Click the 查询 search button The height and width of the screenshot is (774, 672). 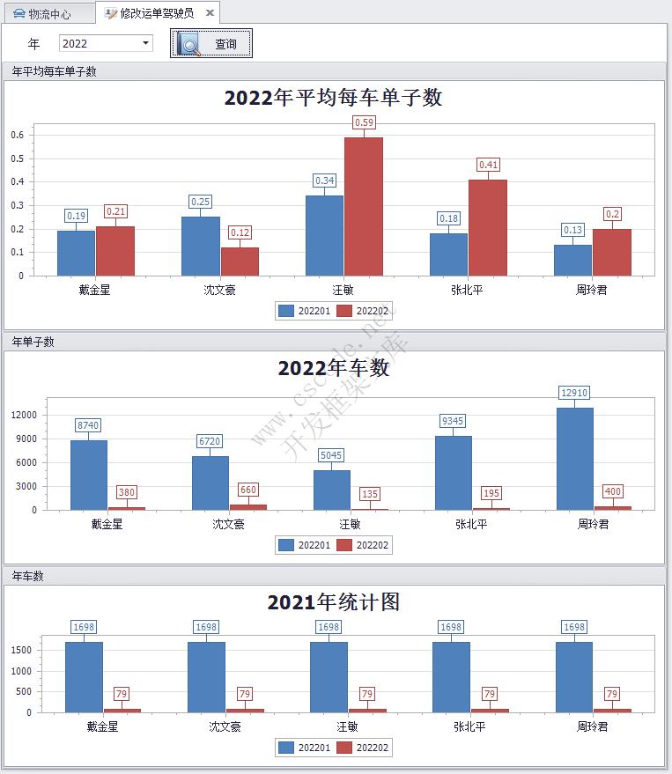point(211,43)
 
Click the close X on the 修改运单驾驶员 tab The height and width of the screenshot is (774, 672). point(210,13)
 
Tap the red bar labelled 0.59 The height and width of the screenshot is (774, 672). point(364,206)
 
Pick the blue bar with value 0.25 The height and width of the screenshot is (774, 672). point(201,246)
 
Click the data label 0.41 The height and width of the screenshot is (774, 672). point(488,165)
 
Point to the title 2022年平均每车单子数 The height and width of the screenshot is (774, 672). point(333,98)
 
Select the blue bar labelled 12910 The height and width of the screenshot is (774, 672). point(575,458)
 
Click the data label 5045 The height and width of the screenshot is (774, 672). point(331,456)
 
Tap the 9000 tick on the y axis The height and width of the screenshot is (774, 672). point(24,439)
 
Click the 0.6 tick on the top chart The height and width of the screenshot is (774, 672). point(18,135)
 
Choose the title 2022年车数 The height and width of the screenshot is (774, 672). point(333,368)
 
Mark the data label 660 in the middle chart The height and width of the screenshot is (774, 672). point(248,490)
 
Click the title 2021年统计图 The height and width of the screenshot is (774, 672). point(333,602)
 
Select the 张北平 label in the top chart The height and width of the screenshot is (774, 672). point(469,290)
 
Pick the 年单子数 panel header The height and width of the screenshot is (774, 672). point(33,342)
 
